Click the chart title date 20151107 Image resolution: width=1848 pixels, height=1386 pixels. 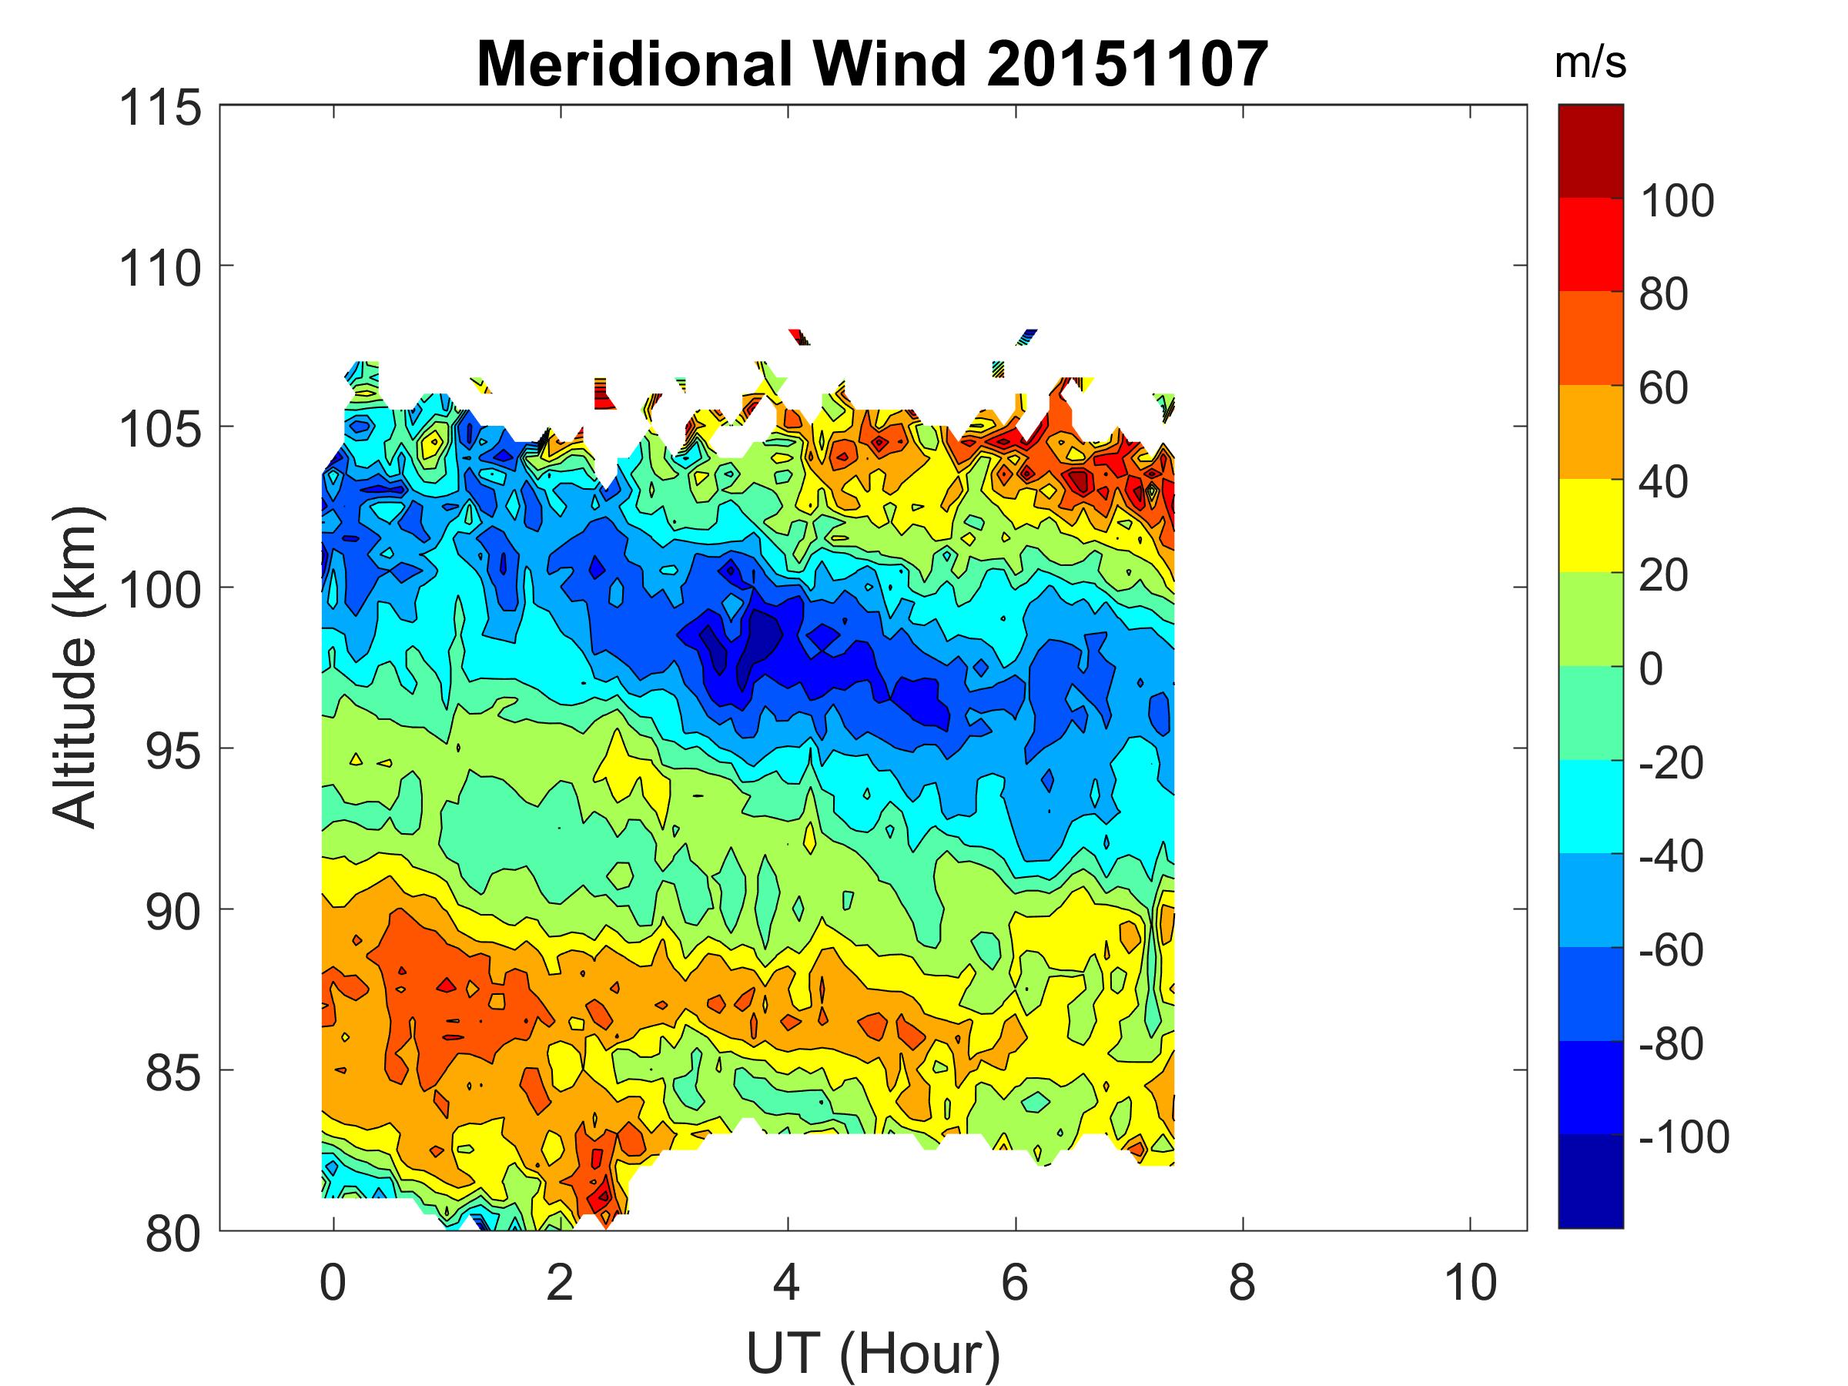click(x=1127, y=65)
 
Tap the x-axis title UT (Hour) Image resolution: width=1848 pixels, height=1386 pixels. click(x=873, y=1353)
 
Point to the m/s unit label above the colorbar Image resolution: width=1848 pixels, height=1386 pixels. click(x=1590, y=63)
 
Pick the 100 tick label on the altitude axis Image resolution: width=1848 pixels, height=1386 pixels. click(x=161, y=591)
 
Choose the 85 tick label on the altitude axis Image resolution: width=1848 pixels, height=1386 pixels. click(x=174, y=1073)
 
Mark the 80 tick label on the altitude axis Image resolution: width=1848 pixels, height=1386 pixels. click(x=174, y=1234)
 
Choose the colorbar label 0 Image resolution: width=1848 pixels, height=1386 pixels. click(x=1651, y=669)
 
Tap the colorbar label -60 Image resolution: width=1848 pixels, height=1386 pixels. click(x=1671, y=950)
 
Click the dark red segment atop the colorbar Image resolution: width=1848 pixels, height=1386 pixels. click(x=1590, y=150)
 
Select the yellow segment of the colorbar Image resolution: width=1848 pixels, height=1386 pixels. click(x=1590, y=524)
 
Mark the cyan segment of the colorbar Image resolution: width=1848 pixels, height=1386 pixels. click(x=1590, y=805)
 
